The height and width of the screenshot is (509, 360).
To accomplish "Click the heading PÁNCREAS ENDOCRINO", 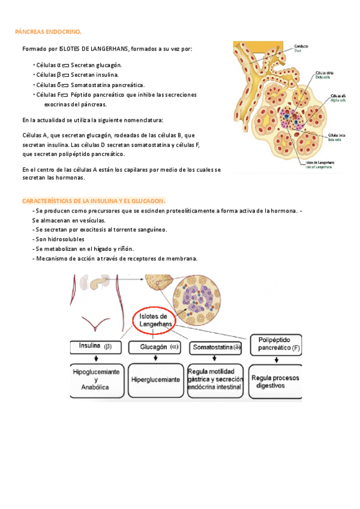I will (48, 32).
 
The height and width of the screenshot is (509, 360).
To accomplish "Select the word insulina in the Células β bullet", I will (106, 75).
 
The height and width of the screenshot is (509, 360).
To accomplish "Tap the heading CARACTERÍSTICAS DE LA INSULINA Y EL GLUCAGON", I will (94, 201).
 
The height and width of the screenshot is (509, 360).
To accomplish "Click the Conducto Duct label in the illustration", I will (302, 48).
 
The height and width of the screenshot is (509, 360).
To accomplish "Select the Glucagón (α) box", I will (155, 347).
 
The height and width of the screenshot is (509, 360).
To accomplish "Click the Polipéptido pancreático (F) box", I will (275, 343).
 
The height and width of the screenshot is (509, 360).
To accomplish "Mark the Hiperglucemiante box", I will (155, 380).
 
